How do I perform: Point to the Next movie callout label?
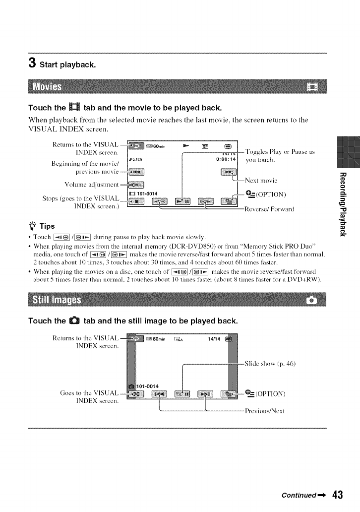[261, 180]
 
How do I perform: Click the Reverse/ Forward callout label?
[269, 209]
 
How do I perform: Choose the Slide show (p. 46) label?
[270, 364]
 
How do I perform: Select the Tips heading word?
[47, 226]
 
